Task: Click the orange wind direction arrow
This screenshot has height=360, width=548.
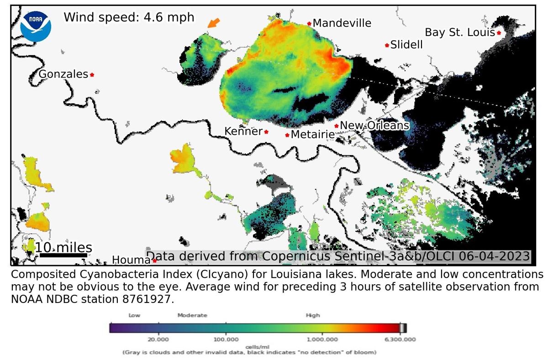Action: [213, 23]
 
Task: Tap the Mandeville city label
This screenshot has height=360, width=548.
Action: [342, 23]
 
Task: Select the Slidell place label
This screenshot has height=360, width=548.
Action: [406, 45]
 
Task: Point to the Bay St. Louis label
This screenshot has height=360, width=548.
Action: [459, 32]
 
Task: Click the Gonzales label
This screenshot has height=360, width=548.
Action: [63, 74]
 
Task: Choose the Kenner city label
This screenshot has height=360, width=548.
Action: [243, 131]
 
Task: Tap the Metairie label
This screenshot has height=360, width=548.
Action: [312, 135]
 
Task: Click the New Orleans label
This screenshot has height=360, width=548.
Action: [374, 125]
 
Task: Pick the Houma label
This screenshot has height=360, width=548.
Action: [132, 260]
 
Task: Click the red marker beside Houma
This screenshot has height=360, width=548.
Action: [155, 261]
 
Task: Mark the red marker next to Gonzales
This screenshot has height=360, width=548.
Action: [92, 74]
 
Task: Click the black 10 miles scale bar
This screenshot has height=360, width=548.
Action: [63, 256]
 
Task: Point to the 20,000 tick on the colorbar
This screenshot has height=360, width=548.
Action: [158, 339]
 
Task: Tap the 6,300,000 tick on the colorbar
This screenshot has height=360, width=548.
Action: [400, 339]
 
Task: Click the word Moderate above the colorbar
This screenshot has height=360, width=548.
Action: [192, 315]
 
